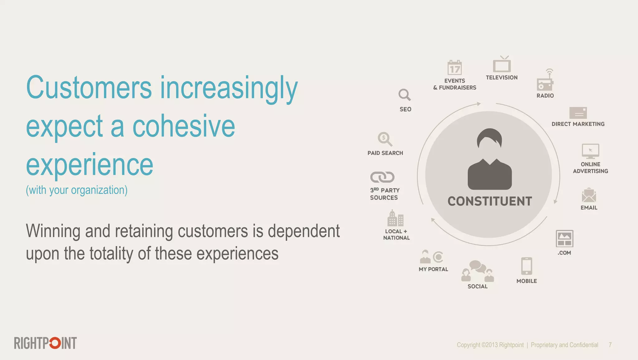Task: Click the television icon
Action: tap(502, 65)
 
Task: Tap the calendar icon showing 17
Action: tap(455, 68)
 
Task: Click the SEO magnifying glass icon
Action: tap(404, 95)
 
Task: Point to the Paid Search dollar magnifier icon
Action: tap(385, 139)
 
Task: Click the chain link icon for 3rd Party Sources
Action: tap(382, 177)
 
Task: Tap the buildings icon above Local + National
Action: tap(395, 218)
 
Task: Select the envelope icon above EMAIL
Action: tap(589, 195)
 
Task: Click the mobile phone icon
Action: tap(526, 266)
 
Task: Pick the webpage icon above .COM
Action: tap(564, 239)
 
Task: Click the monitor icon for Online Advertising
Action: tap(590, 151)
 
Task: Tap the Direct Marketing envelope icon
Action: tap(578, 113)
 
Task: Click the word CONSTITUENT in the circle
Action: tap(490, 201)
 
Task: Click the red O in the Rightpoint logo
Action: tap(55, 343)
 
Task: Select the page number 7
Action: tap(610, 345)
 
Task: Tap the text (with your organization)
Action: tap(77, 190)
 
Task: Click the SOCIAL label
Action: tap(477, 286)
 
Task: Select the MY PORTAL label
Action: tap(433, 269)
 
